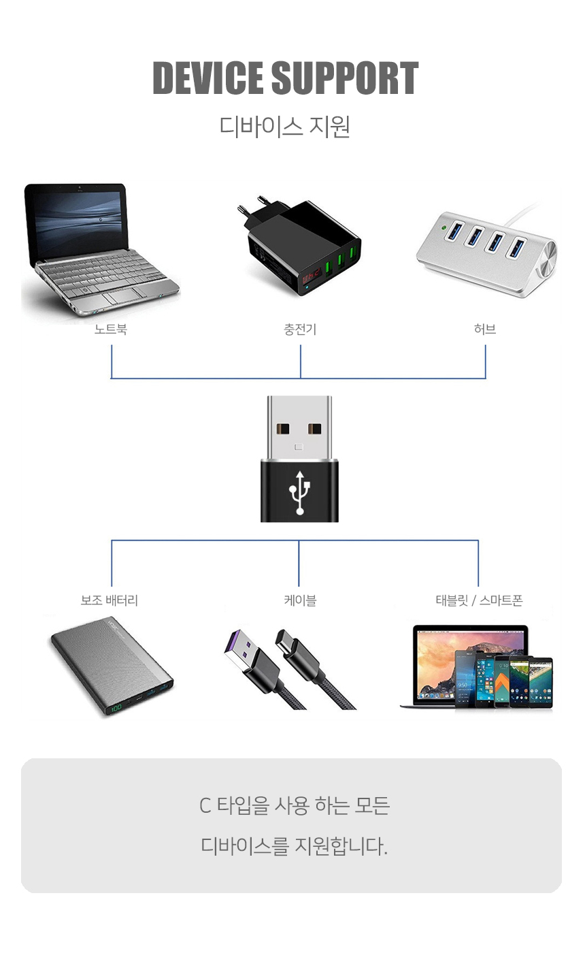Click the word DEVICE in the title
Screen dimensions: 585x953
207,78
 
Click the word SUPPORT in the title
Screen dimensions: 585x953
345,78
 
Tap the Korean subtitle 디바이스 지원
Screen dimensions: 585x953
285,127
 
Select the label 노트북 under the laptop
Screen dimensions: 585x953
110,329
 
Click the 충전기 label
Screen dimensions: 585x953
300,329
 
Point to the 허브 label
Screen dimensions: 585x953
485,329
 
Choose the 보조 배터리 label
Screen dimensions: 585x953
110,600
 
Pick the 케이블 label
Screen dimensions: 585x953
300,600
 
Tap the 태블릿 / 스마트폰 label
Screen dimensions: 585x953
479,600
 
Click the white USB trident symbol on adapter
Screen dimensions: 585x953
300,492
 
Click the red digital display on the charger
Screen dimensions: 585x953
312,278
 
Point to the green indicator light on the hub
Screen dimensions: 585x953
445,227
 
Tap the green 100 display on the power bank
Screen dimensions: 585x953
116,707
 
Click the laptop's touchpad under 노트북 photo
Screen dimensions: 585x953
124,295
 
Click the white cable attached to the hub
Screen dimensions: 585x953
524,215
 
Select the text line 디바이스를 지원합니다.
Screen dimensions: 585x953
294,845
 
